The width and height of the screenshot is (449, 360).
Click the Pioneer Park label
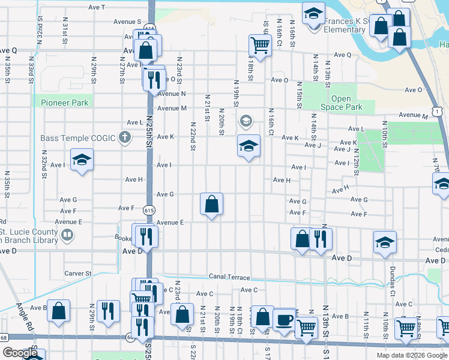65,103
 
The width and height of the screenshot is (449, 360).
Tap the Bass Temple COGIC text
78,138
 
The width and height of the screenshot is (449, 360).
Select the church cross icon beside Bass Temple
125,138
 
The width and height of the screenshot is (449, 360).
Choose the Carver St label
77,273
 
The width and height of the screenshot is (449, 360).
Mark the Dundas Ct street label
393,281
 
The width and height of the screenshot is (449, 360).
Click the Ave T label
96,7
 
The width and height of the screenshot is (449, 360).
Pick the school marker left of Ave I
82,160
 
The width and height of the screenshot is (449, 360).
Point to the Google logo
20,353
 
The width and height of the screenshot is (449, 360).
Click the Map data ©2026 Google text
412,355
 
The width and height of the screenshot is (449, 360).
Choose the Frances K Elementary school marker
313,13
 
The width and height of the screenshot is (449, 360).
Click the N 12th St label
356,163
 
